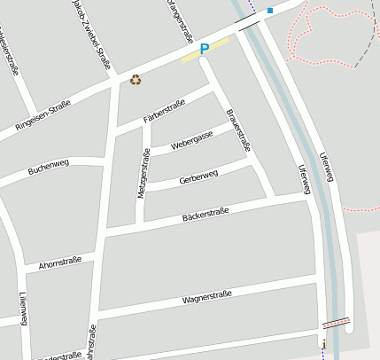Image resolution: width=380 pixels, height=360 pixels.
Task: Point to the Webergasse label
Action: pos(192,138)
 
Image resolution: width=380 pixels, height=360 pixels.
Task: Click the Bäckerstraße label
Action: pos(205,214)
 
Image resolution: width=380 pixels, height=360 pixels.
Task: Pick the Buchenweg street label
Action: pos(48,165)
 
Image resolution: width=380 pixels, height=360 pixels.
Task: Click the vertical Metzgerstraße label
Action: pos(142,174)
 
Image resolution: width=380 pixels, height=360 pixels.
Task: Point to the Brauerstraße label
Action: pos(239,131)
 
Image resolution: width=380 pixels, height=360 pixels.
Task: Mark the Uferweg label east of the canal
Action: pos(329,167)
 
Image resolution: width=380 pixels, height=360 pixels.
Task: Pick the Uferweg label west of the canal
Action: pos(304,180)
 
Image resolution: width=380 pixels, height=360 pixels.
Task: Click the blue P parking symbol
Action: pos(205,50)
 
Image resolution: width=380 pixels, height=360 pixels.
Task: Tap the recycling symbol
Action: pos(136,80)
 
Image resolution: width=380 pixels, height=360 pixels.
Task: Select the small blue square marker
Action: pos(269,11)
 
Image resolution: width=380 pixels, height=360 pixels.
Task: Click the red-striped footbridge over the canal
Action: pos(335,323)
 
